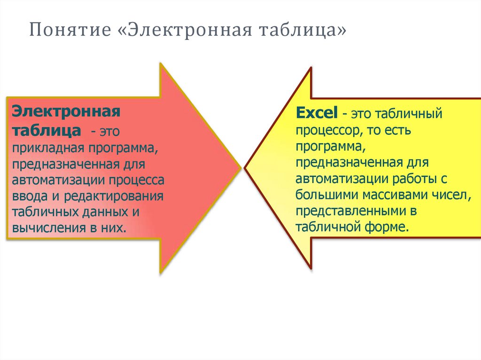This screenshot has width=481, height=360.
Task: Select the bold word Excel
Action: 317,113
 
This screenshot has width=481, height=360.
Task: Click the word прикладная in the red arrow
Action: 42,149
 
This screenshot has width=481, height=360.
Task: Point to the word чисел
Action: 451,194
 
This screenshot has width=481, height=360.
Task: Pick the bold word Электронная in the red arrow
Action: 66,112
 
